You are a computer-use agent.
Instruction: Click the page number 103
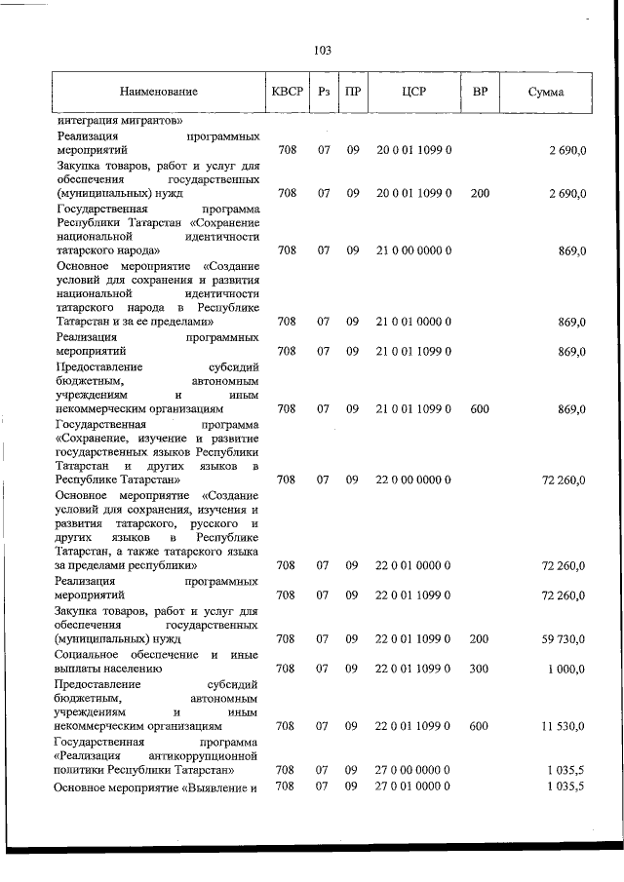coord(323,52)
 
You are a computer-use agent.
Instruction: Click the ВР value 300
coord(480,669)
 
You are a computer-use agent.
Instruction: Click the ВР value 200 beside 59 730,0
coord(480,639)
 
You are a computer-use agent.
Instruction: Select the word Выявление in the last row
coord(219,786)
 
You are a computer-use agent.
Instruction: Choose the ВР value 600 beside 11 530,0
coord(480,726)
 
